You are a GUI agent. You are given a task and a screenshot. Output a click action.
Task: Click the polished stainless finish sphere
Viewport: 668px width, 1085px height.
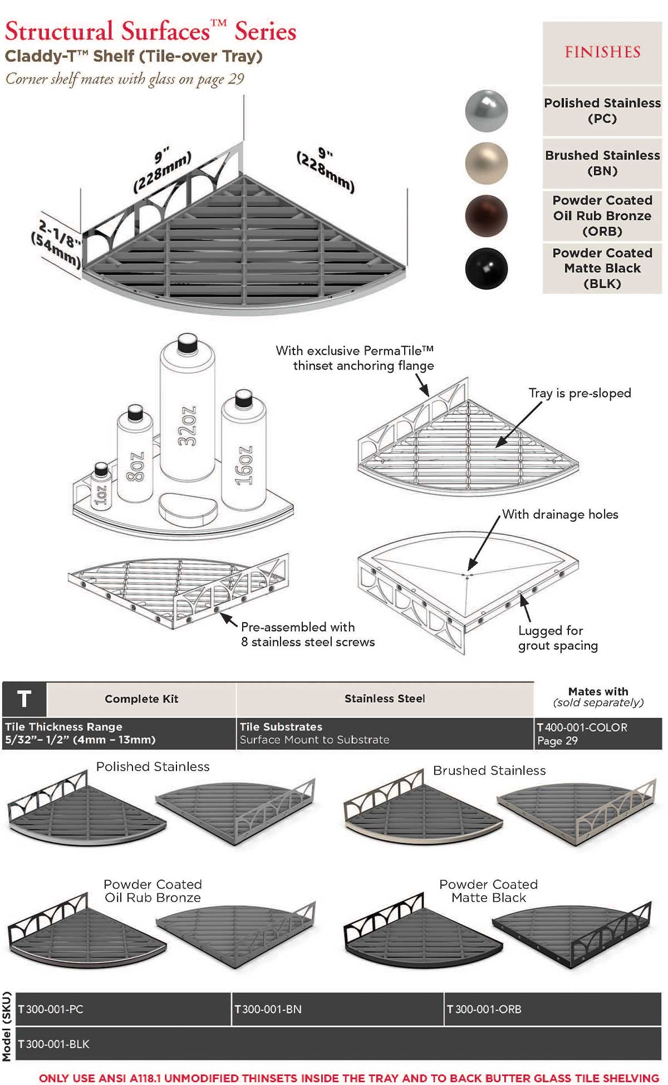click(486, 111)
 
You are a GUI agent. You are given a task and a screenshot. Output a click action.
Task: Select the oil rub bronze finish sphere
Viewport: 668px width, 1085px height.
click(486, 216)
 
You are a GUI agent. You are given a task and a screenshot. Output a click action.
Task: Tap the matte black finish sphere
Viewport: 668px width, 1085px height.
click(486, 269)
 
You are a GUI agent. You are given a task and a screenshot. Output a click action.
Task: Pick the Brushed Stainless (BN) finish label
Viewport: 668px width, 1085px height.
click(602, 163)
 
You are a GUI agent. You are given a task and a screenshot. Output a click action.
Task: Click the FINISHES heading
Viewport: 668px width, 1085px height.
click(602, 52)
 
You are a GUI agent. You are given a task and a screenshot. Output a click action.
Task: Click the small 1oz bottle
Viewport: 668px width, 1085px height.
click(101, 487)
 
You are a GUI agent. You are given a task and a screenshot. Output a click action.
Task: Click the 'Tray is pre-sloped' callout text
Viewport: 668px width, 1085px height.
click(579, 393)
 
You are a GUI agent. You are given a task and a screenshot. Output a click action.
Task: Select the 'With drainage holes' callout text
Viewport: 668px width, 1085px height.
click(560, 515)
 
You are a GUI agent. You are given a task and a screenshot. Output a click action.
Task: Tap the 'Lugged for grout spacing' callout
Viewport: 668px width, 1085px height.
click(558, 638)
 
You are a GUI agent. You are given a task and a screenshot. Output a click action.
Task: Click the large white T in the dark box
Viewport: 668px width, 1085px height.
click(24, 699)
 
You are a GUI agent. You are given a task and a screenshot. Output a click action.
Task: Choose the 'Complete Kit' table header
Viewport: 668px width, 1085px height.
click(141, 699)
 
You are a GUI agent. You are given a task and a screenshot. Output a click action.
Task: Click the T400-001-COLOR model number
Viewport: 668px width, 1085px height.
click(582, 728)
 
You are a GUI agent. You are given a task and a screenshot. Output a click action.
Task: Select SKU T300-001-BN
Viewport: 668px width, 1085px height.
click(268, 1009)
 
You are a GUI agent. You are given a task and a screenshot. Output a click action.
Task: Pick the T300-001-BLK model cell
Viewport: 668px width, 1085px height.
click(54, 1044)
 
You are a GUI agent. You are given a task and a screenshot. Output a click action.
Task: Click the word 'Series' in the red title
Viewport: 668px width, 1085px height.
click(266, 31)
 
